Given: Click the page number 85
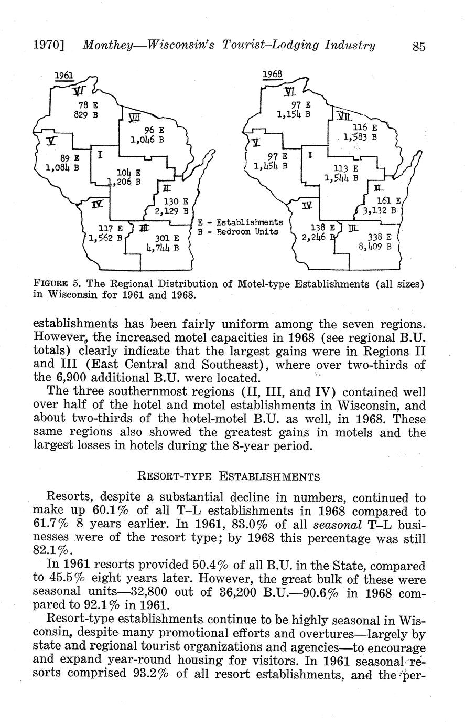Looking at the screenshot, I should pyautogui.click(x=418, y=46).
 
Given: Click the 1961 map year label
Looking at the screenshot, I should pyautogui.click(x=64, y=76).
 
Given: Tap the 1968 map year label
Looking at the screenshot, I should pyautogui.click(x=272, y=74).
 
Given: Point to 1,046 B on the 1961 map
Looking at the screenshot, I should pyautogui.click(x=147, y=140).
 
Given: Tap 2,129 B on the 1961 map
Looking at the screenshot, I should pyautogui.click(x=171, y=211).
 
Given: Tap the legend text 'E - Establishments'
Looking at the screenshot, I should pyautogui.click(x=240, y=222).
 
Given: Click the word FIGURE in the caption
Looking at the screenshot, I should pyautogui.click(x=50, y=284).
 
